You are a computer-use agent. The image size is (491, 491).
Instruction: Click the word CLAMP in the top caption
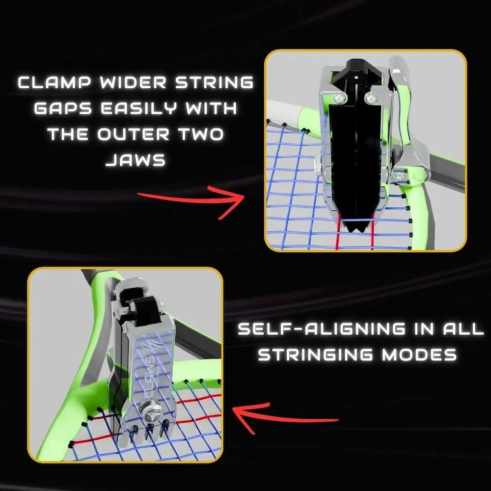point(55,82)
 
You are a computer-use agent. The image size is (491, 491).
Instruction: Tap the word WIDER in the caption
point(134,82)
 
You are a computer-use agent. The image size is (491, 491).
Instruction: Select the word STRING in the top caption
point(214,82)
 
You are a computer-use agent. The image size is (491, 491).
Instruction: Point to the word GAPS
point(63,109)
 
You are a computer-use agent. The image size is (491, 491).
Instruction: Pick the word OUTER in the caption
point(134,135)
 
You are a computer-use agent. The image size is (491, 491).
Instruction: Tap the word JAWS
point(136,161)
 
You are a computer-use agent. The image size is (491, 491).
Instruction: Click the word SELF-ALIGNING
point(322,329)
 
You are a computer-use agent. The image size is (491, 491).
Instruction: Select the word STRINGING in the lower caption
point(316,355)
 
